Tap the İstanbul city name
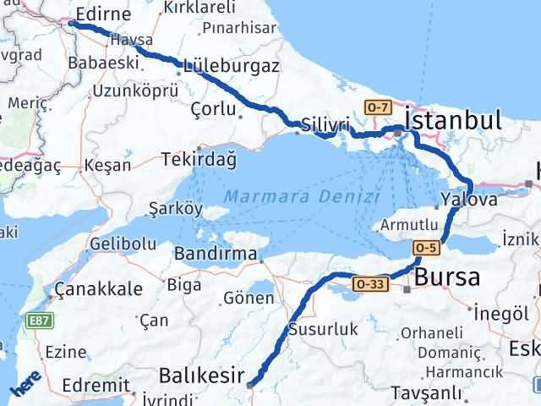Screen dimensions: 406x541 [453, 119]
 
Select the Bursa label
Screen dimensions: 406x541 [447, 277]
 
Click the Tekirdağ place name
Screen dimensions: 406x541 [201, 158]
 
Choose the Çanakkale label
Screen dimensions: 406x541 [98, 289]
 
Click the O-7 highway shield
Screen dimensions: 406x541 [377, 107]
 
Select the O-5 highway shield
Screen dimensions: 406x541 [426, 247]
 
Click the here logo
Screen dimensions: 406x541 [25, 382]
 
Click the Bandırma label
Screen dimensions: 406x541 [216, 253]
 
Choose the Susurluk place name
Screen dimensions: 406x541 [324, 329]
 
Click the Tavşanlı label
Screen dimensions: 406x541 [426, 392]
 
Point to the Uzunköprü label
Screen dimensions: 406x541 [135, 90]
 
